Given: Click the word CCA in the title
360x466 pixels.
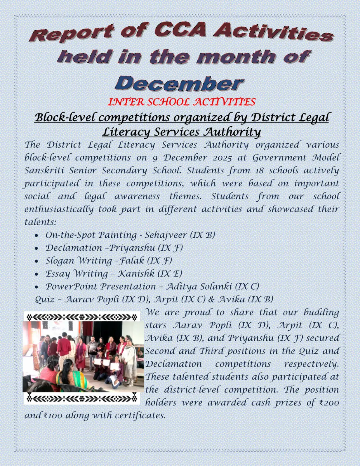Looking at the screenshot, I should point(180,30).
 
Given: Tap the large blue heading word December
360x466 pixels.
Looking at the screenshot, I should point(179,83).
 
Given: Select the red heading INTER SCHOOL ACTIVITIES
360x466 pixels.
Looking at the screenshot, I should point(181,102).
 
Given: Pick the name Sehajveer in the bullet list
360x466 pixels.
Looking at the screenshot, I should point(166,235).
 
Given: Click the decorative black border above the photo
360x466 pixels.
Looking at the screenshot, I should point(82,317).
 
